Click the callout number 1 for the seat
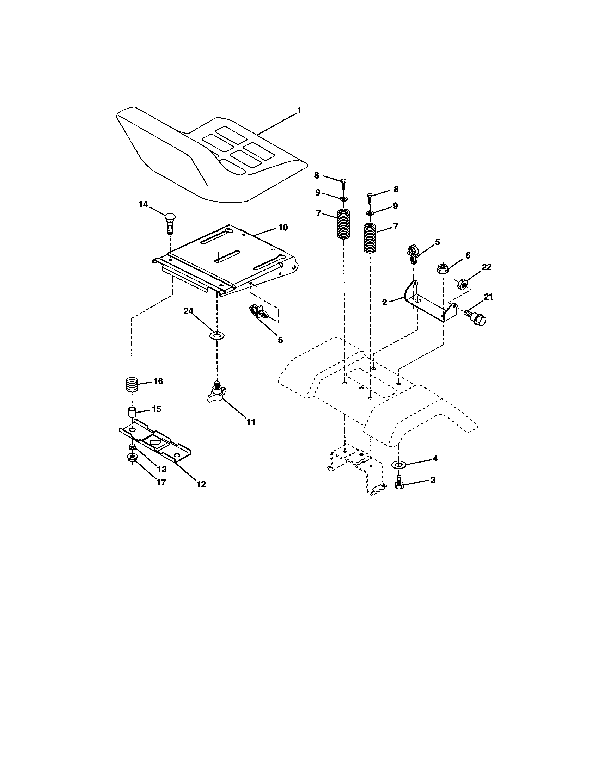(299, 111)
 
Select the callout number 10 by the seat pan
(283, 228)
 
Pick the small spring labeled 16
(132, 384)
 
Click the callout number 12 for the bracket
(201, 484)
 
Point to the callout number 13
(161, 470)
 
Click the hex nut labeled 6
(442, 269)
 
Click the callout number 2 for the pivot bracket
(384, 302)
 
